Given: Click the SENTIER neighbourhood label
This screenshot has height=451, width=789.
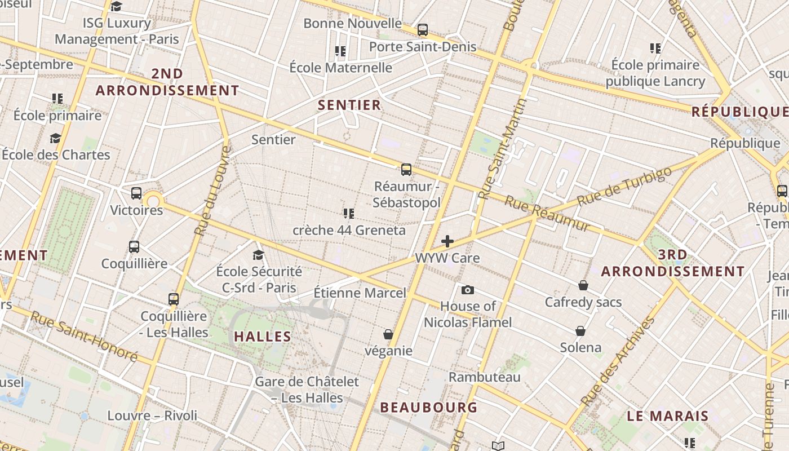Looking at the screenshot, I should coord(349,105).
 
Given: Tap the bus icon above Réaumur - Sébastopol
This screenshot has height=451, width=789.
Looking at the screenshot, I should coord(406,169).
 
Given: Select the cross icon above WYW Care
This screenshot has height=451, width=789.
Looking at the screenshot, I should coord(447,241).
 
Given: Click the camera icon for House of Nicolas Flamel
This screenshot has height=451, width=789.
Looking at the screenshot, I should coord(467,290).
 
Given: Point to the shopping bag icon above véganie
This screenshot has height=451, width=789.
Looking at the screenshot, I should coord(388,334).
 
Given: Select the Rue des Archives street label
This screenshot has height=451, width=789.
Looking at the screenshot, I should coord(618,361).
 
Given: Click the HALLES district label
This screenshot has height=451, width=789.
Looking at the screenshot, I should coord(263,337).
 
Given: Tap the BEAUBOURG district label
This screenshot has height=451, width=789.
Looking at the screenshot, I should coord(428,407).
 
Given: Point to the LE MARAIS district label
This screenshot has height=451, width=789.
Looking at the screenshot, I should coord(668,417).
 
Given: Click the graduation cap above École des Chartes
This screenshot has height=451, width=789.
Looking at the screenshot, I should coord(55,138).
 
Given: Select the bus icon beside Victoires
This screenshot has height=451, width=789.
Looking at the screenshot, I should coord(136,193).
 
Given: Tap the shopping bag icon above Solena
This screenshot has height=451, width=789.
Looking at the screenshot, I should coord(580,331).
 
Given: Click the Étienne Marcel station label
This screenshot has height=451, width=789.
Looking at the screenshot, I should coord(360,293).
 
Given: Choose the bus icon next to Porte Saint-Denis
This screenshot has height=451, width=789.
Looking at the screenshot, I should coord(422,30).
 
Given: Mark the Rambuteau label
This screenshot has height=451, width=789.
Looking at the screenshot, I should coord(484,377).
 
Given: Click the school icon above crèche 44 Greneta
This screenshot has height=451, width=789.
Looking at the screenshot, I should coord(348,214).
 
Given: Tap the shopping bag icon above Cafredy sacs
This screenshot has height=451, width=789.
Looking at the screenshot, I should coord(583,285).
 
